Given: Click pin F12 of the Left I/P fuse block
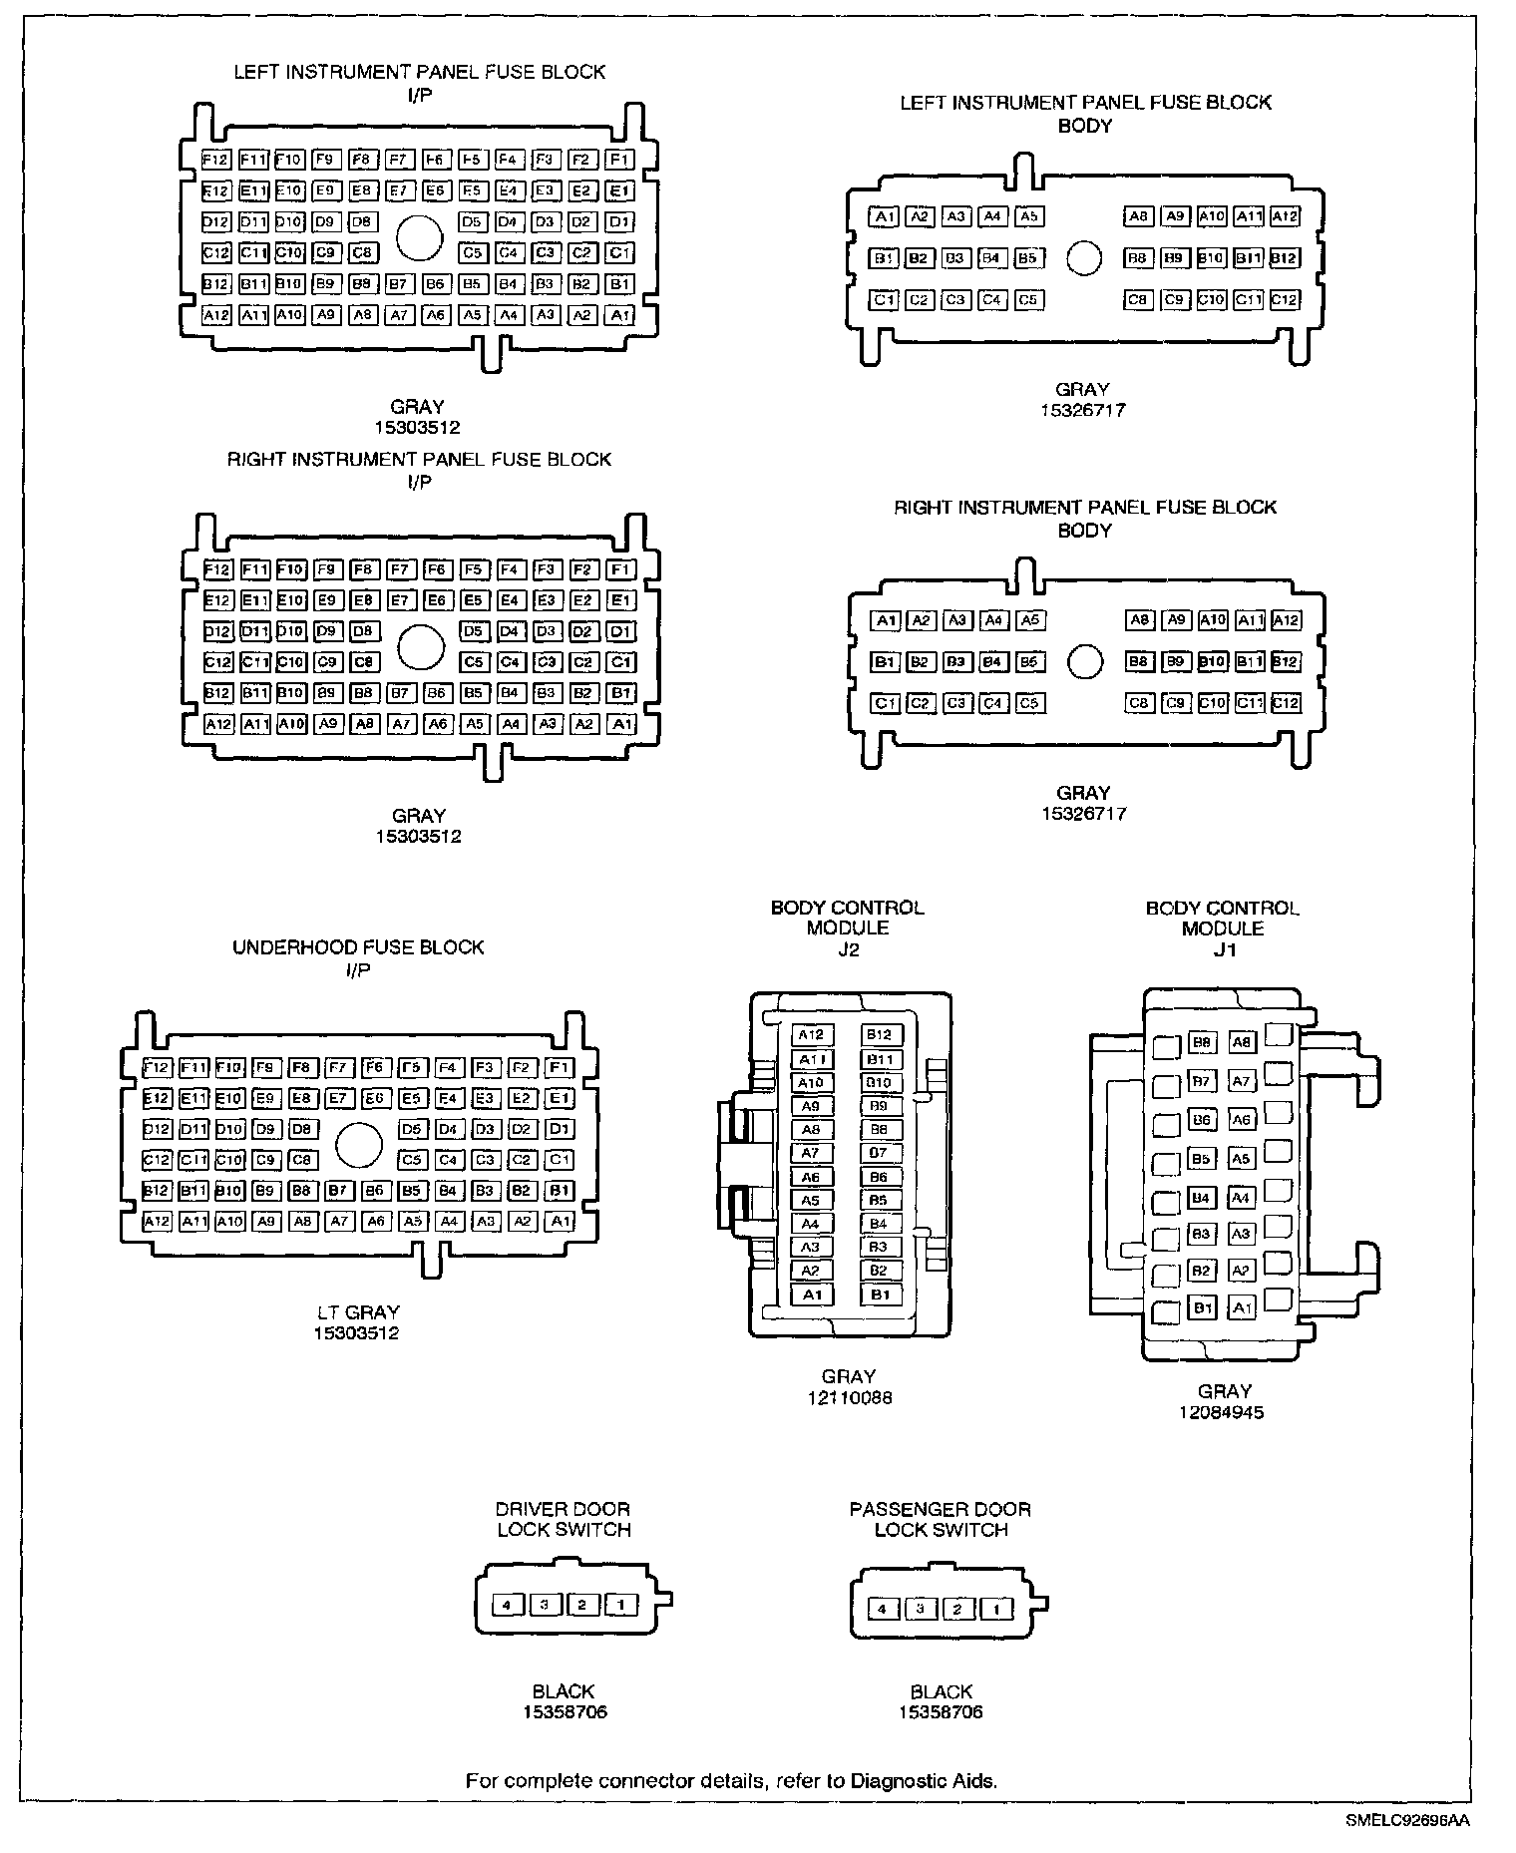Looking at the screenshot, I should click(x=215, y=160).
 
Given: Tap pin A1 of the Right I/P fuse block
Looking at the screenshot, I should click(x=621, y=724).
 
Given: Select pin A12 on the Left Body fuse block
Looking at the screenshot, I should click(x=1285, y=216).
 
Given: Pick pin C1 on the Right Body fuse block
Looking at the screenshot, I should click(x=885, y=703).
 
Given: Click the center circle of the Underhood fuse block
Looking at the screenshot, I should click(x=359, y=1144).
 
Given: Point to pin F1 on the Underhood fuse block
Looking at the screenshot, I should click(x=561, y=1068).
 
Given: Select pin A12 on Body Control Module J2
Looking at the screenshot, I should click(x=811, y=1035).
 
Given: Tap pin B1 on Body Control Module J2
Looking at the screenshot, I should click(x=880, y=1295).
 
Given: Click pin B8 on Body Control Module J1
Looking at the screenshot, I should click(x=1203, y=1043).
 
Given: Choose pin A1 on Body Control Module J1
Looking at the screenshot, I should click(x=1241, y=1307).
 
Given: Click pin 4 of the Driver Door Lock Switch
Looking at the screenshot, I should click(x=508, y=1605).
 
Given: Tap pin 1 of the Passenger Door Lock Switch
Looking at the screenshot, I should click(x=995, y=1609).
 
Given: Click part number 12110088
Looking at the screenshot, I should click(x=850, y=1397).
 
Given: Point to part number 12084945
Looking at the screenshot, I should click(x=1224, y=1412).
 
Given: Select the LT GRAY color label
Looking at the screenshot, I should click(x=357, y=1312).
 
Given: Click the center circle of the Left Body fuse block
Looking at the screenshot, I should click(x=1084, y=258).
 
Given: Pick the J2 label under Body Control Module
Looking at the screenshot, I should click(x=848, y=949).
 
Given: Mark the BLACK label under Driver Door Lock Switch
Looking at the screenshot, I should click(x=564, y=1691).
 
